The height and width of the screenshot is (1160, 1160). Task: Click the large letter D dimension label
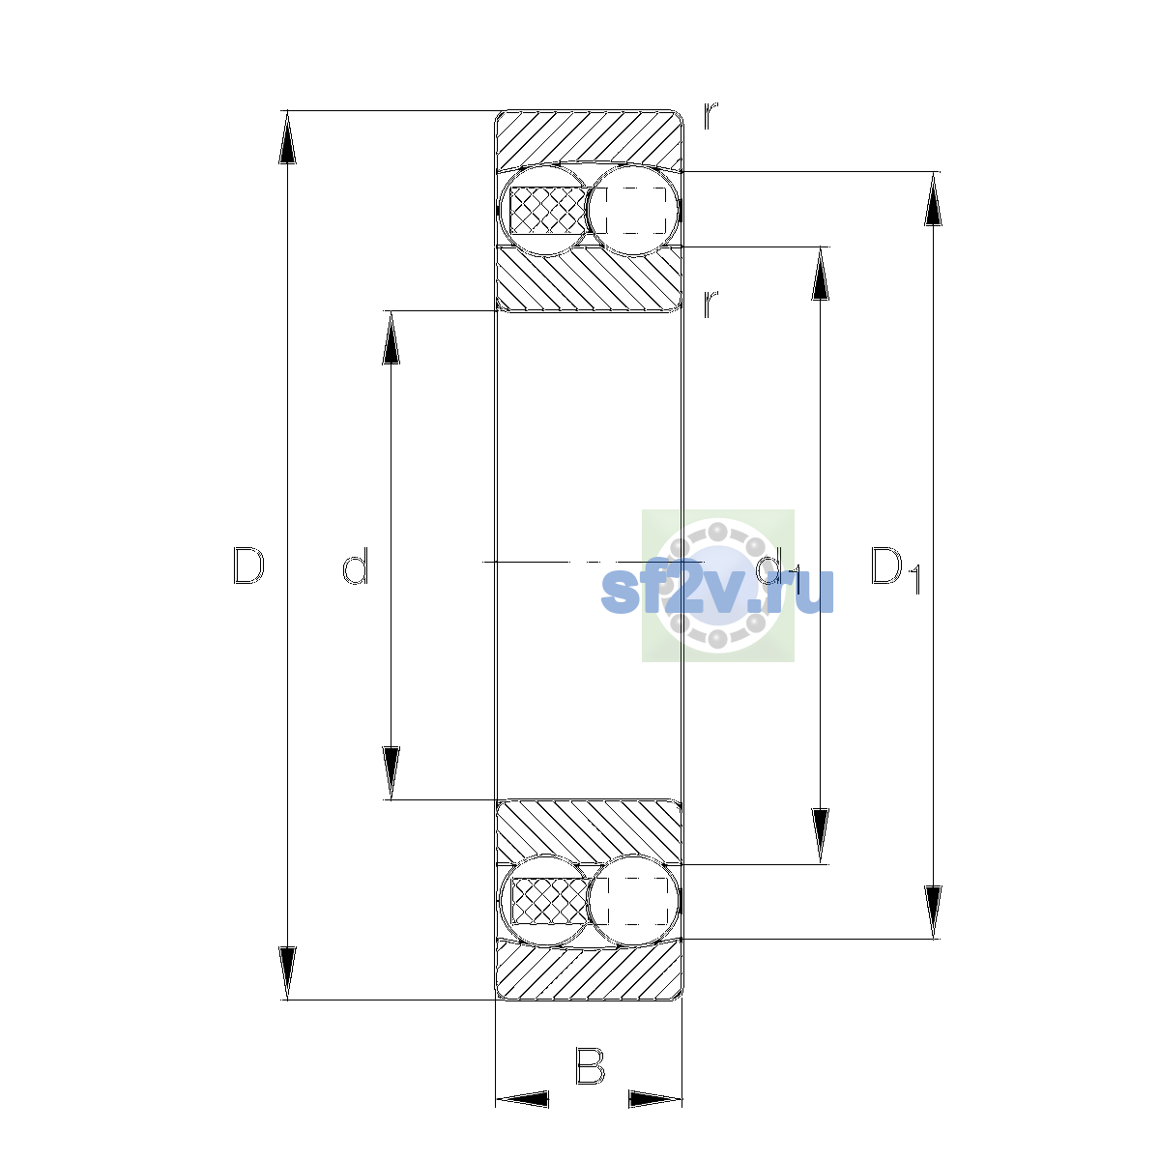click(x=248, y=565)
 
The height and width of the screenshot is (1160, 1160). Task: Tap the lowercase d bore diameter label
click(x=355, y=565)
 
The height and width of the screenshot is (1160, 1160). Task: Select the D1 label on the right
click(x=896, y=568)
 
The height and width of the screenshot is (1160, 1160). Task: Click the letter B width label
click(x=590, y=1066)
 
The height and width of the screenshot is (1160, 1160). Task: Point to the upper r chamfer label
click(x=710, y=116)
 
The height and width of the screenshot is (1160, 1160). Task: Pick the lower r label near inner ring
click(x=710, y=304)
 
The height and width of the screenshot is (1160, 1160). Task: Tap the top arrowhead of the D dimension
click(x=287, y=137)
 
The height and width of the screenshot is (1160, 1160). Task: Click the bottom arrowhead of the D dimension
click(x=287, y=973)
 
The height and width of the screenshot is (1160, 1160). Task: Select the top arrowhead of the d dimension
click(x=391, y=337)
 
